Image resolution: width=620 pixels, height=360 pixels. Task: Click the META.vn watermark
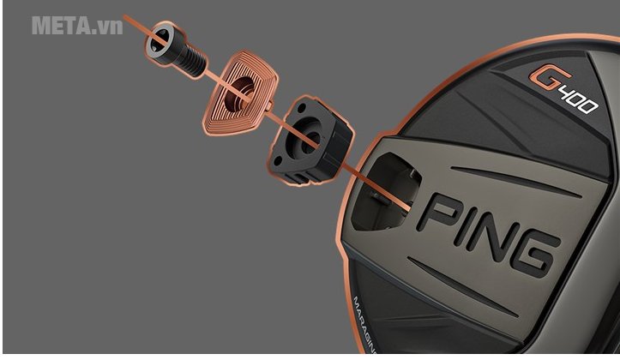click(77, 25)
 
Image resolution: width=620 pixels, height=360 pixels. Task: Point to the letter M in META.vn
click(41, 25)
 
